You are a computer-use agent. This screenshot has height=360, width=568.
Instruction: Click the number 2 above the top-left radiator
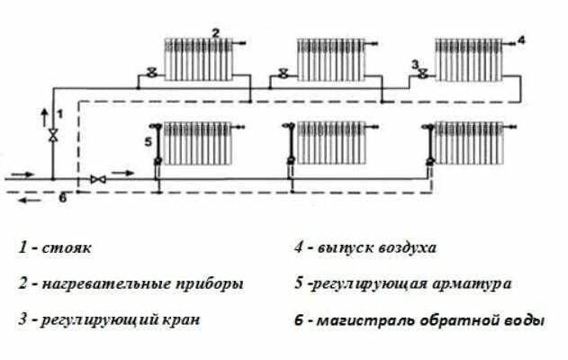click(x=215, y=32)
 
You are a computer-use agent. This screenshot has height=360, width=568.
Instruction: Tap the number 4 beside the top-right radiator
click(x=520, y=40)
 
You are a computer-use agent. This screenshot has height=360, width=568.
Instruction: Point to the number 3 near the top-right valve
click(x=415, y=65)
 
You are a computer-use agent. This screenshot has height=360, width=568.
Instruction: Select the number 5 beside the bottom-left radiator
click(x=148, y=142)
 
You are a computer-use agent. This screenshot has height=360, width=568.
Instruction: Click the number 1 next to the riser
click(x=60, y=113)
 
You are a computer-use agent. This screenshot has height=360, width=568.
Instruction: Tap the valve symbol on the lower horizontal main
click(x=100, y=181)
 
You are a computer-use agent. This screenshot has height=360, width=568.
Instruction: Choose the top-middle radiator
click(x=332, y=58)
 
